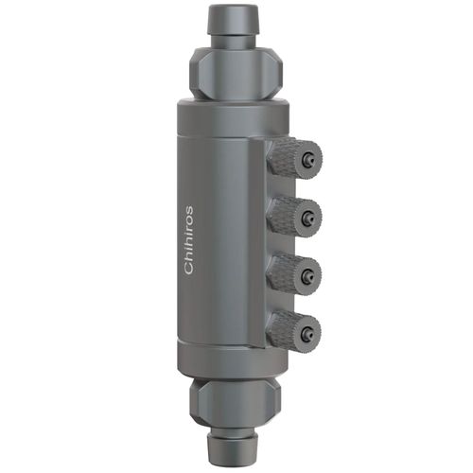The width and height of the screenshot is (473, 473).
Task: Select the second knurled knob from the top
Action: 291,217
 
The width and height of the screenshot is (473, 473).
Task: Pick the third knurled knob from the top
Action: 291,274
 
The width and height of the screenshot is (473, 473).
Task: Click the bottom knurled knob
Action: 291,330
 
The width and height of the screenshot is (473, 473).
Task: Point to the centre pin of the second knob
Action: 309,219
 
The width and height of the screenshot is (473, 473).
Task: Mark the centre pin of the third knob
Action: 309,276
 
